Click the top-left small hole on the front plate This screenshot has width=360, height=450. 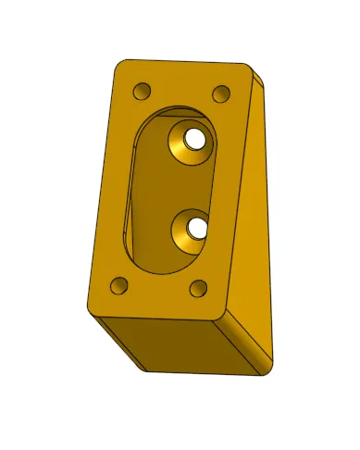pyautogui.click(x=142, y=92)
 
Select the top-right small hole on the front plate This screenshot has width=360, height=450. pyautogui.click(x=222, y=94)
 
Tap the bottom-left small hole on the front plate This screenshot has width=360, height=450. pyautogui.click(x=118, y=285)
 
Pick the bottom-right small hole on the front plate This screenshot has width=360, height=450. pyautogui.click(x=198, y=288)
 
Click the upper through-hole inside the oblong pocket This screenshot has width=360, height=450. pyautogui.click(x=194, y=139)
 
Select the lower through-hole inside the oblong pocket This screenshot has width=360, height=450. pyautogui.click(x=195, y=226)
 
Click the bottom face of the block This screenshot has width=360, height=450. pyautogui.click(x=176, y=347)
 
